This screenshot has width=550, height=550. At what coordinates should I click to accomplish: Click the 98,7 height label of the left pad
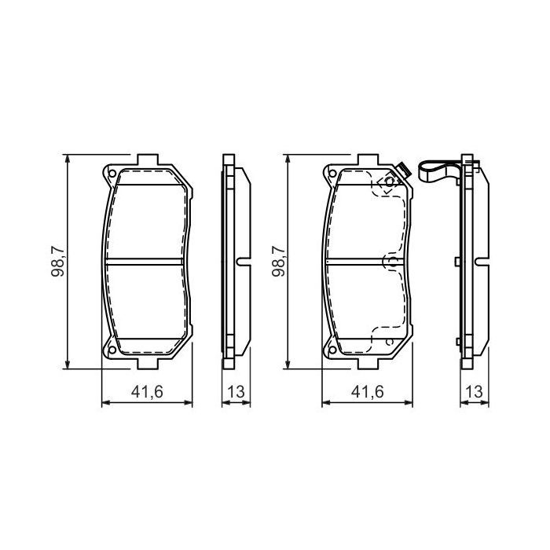[x=57, y=262]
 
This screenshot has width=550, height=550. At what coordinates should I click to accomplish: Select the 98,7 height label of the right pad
[x=277, y=262]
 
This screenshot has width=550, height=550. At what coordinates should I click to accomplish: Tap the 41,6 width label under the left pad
[x=148, y=391]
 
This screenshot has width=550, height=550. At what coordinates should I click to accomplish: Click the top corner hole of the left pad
[x=112, y=174]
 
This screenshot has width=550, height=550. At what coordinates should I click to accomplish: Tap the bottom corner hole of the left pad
[x=112, y=350]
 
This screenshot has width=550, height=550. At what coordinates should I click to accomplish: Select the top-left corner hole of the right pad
[x=332, y=174]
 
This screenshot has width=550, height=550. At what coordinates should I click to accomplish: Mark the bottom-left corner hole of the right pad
[x=332, y=350]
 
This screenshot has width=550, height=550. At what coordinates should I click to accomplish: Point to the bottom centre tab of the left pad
[x=148, y=364]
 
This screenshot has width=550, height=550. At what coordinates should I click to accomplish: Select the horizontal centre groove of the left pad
[x=148, y=262]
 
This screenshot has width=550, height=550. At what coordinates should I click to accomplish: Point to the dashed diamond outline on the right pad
[x=388, y=184]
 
